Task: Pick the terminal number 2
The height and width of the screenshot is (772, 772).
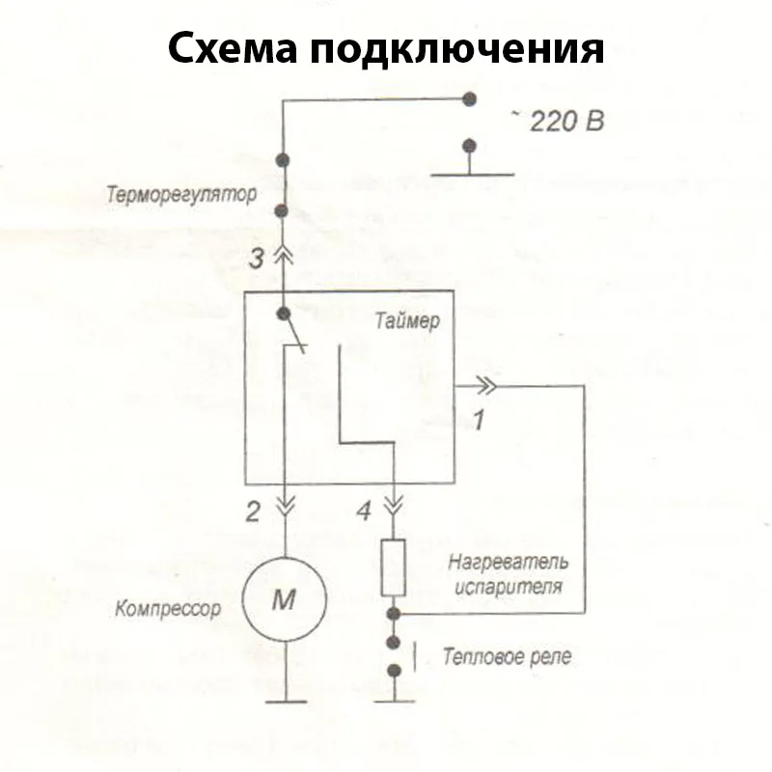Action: coord(253,512)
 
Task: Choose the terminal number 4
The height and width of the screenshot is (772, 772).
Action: coord(363,512)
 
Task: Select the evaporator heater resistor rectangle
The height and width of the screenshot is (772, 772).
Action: coord(394,567)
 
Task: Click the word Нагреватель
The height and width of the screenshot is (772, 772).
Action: coord(509,562)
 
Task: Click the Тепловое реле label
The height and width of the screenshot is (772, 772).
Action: coord(507,657)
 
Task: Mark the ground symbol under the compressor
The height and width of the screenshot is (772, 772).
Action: coord(284,702)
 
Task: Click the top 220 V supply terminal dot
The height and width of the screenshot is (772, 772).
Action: coord(470,98)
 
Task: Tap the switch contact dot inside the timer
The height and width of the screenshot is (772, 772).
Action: coord(284,314)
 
